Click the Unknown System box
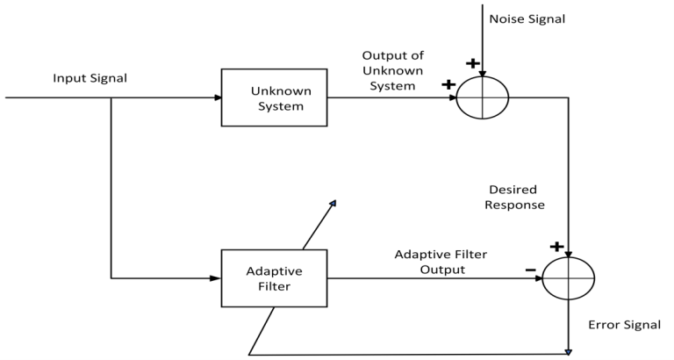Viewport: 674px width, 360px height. click(x=275, y=97)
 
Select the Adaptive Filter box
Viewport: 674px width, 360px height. click(x=274, y=278)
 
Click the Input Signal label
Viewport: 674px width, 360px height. click(x=89, y=78)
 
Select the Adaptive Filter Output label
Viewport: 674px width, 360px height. click(x=440, y=262)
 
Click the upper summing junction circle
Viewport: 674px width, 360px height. click(x=482, y=97)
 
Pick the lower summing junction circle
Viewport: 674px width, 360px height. click(x=568, y=278)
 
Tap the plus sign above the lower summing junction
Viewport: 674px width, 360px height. click(x=555, y=248)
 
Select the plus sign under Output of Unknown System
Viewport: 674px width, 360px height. click(x=449, y=84)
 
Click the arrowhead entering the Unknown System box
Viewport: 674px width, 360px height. click(x=218, y=97)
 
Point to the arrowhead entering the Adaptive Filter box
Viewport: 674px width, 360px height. click(x=216, y=278)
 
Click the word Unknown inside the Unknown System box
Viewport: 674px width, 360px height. click(x=275, y=90)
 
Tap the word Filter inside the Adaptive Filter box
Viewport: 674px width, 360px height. click(x=274, y=286)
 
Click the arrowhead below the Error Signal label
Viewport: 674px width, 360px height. click(x=568, y=352)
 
